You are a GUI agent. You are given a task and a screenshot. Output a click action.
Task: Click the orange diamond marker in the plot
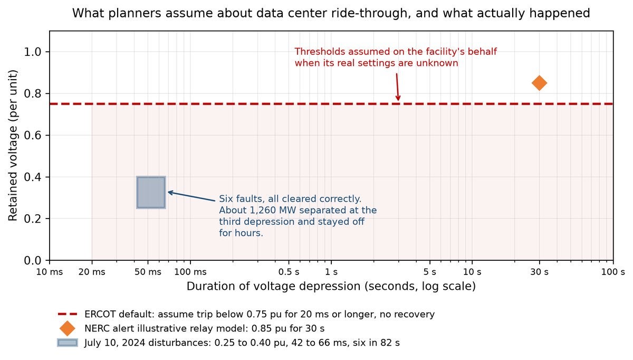(539, 83)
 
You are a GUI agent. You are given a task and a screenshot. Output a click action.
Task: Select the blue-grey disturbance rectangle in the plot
(151, 193)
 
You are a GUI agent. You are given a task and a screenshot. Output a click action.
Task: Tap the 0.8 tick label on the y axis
(33, 93)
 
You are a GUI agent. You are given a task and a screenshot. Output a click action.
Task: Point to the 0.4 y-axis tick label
(33, 177)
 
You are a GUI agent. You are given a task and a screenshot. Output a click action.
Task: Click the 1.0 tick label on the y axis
(33, 52)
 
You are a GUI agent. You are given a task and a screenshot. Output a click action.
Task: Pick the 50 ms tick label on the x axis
(148, 272)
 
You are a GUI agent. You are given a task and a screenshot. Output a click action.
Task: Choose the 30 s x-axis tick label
(539, 272)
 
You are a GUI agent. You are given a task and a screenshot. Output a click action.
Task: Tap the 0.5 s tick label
(289, 272)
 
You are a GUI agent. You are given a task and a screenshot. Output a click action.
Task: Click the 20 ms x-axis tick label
(92, 272)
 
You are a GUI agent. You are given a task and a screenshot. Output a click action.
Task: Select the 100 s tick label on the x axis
(613, 272)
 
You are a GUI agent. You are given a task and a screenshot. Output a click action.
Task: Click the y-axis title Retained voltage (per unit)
(13, 145)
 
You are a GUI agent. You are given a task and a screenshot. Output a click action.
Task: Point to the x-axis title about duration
(331, 286)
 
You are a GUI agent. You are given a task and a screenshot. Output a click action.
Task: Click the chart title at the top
(331, 13)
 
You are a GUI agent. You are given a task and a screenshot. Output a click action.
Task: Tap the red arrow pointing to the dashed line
(397, 87)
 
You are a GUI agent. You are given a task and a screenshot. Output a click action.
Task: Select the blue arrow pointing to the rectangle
(191, 196)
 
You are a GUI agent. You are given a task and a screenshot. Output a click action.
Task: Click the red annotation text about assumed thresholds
(396, 57)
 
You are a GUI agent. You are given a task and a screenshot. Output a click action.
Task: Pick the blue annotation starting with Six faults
(298, 216)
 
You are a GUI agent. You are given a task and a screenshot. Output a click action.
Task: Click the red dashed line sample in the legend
(68, 314)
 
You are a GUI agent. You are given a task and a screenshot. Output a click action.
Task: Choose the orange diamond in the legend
(68, 328)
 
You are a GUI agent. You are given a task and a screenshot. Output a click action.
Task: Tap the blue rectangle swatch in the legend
(68, 343)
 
